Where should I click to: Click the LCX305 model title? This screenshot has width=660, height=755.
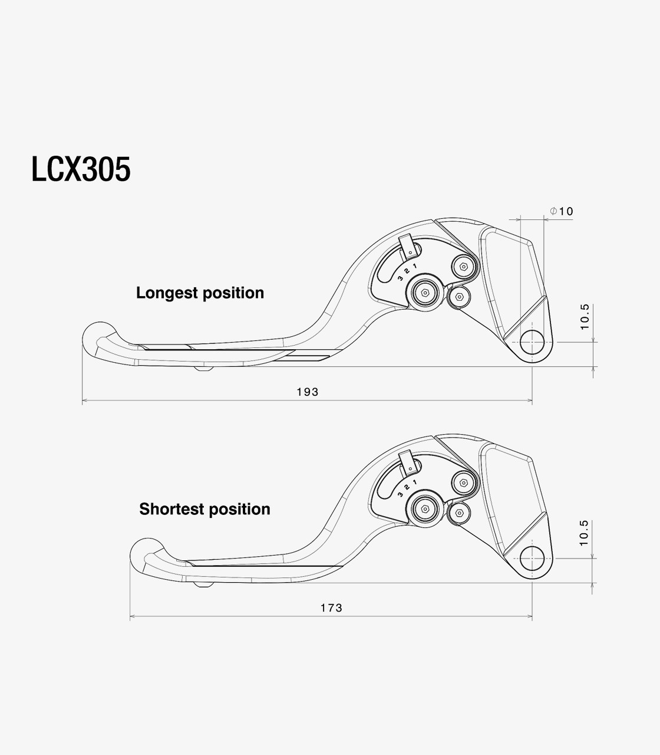81,169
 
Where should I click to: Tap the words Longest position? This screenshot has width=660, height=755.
200,293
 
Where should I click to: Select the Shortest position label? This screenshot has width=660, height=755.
204,509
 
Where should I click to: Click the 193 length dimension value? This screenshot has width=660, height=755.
308,392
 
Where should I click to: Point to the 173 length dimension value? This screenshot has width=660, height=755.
331,608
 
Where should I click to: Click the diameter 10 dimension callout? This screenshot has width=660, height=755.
562,211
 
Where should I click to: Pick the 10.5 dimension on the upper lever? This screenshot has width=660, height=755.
585,317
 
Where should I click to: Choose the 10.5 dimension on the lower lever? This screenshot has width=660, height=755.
583,533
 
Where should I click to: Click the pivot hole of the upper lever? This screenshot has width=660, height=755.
532,342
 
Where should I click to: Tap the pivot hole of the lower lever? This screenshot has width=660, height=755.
532,559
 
